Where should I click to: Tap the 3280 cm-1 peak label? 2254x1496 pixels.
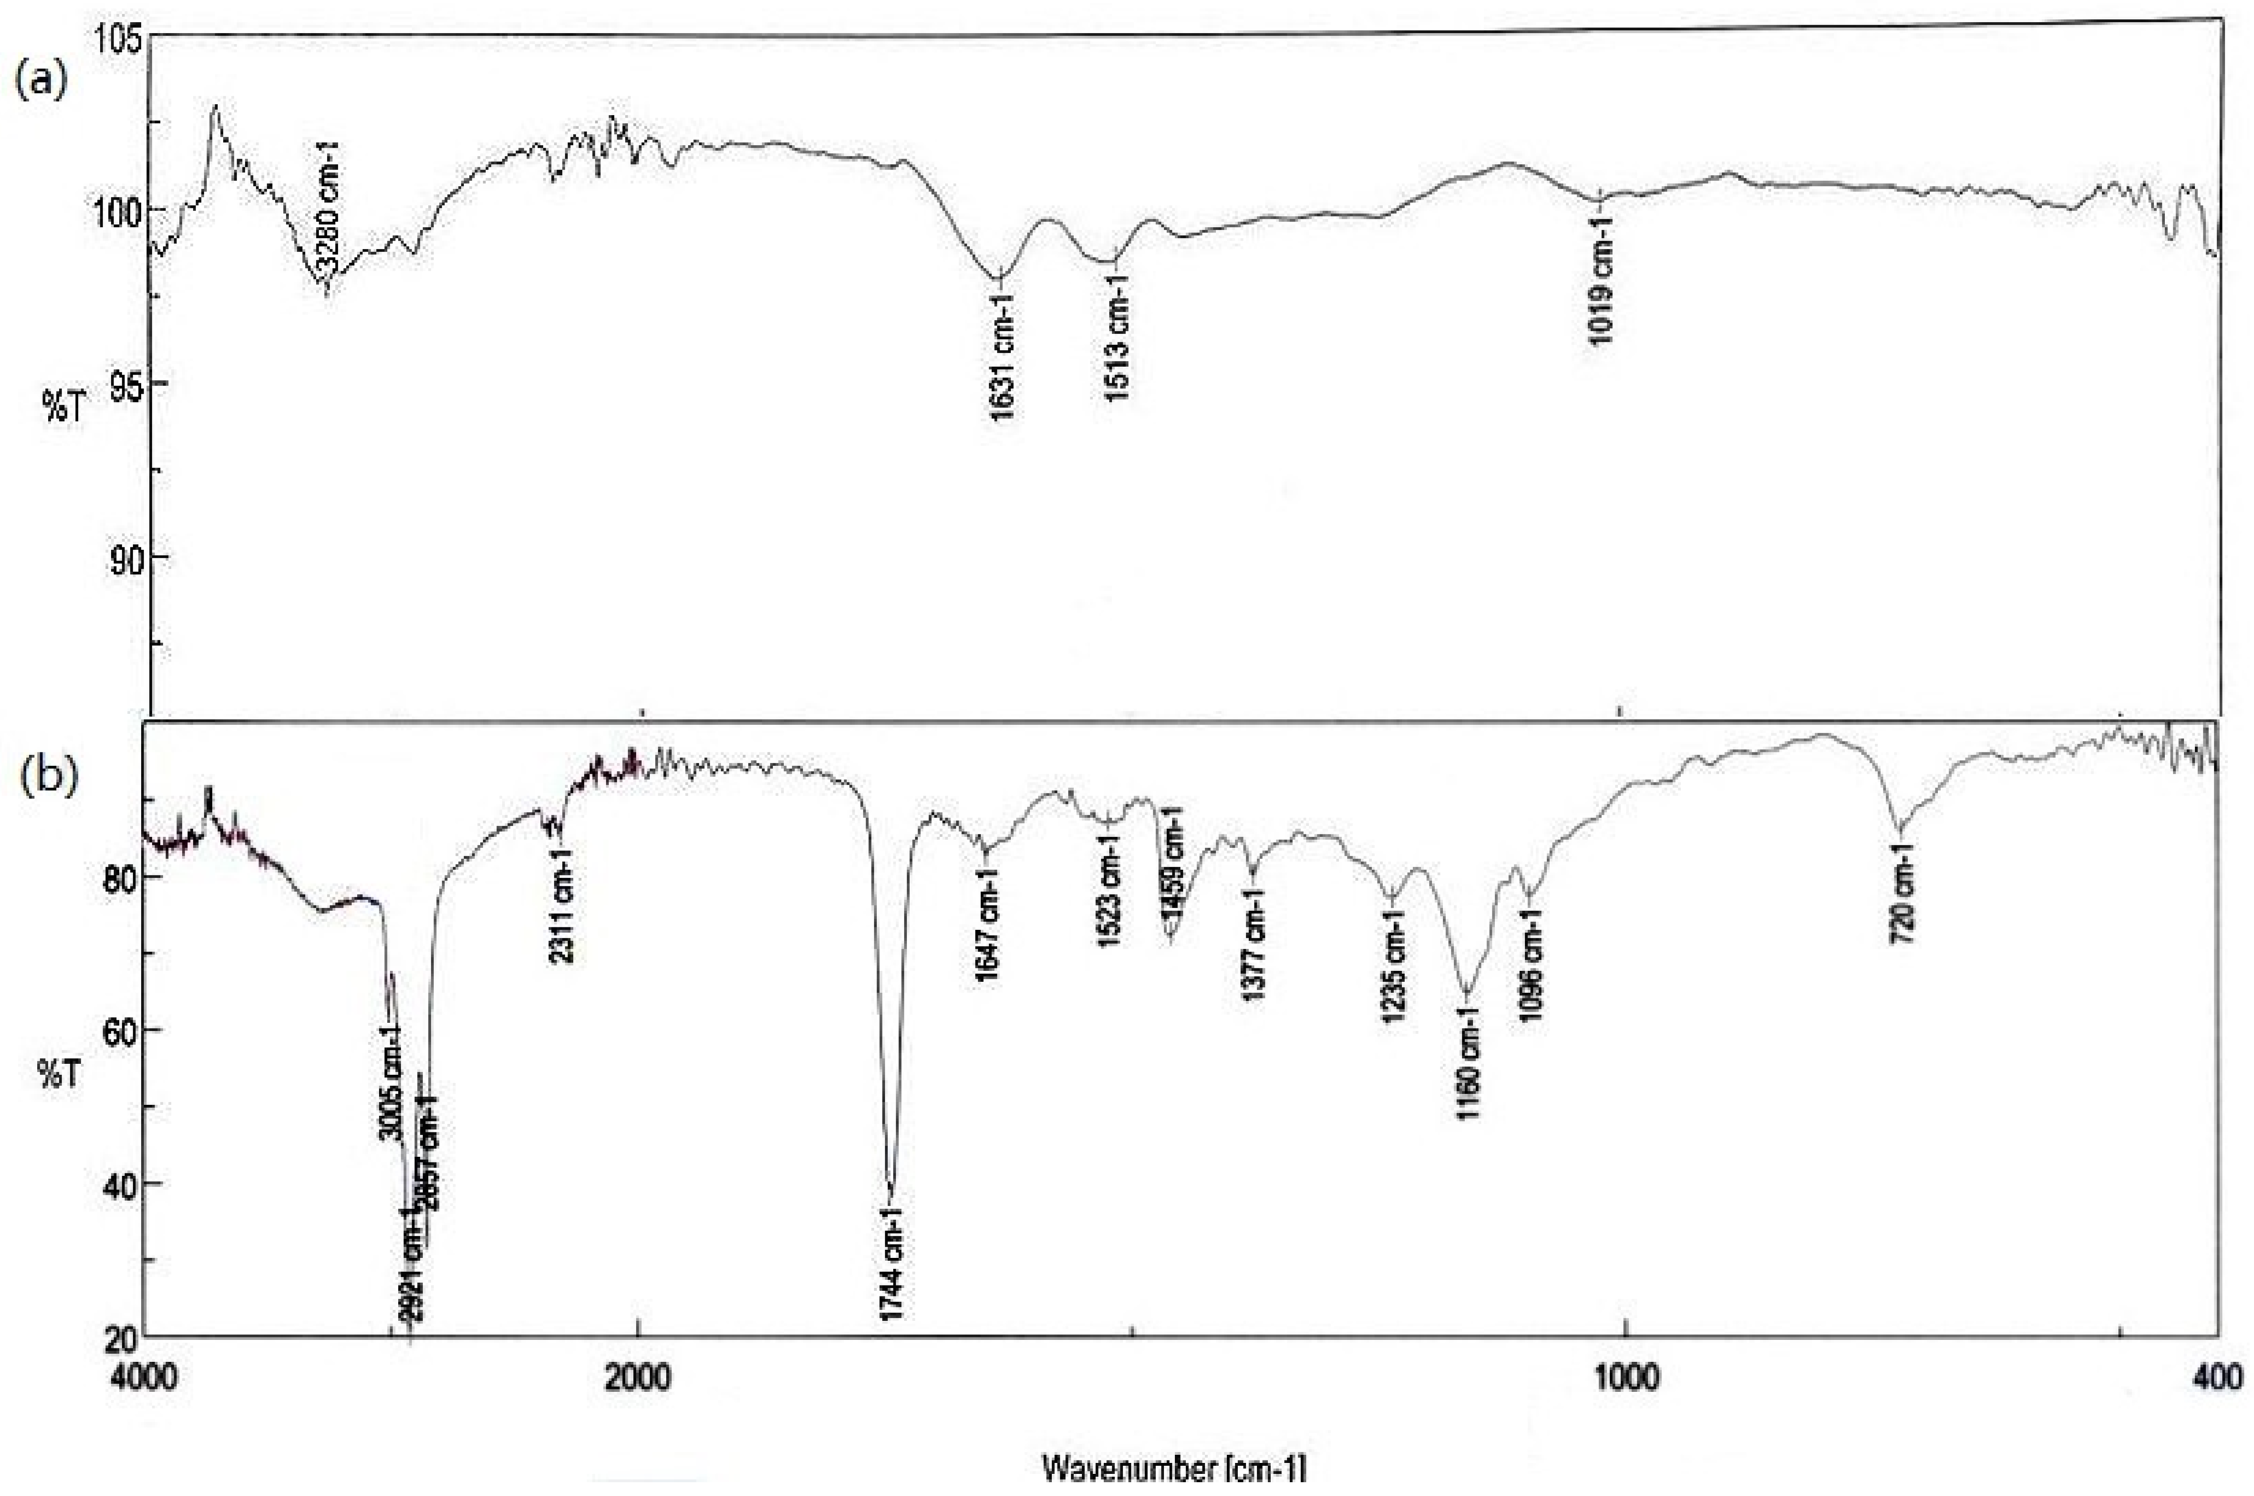click(328, 204)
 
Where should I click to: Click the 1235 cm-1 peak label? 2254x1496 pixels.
click(1393, 966)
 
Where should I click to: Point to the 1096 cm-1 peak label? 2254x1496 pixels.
click(1531, 964)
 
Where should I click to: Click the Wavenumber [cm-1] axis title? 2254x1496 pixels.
click(1173, 1469)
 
